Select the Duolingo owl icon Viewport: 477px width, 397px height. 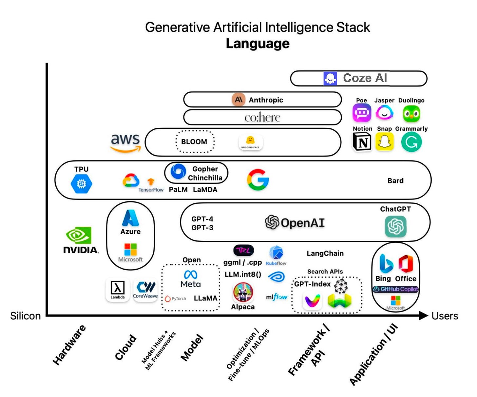[x=411, y=114]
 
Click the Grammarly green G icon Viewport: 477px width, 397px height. [x=411, y=142]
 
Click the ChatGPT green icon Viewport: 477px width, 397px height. [x=395, y=226]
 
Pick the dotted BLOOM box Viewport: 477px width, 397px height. [x=195, y=142]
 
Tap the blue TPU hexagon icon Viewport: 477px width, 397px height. [x=81, y=184]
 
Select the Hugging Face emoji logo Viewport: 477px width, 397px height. [x=251, y=142]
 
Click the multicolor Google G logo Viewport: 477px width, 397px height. [x=258, y=180]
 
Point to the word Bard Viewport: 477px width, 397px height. [x=395, y=181]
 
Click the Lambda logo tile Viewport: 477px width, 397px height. [x=117, y=290]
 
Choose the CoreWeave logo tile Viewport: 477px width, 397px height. [x=145, y=290]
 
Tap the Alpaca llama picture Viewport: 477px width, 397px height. [x=243, y=292]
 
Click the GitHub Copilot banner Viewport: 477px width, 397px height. [x=396, y=289]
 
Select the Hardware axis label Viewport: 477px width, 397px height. [x=69, y=345]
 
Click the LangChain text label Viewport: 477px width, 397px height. [x=325, y=254]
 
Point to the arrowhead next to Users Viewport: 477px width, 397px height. [x=423, y=316]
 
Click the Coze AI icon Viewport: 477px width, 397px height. [x=330, y=79]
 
